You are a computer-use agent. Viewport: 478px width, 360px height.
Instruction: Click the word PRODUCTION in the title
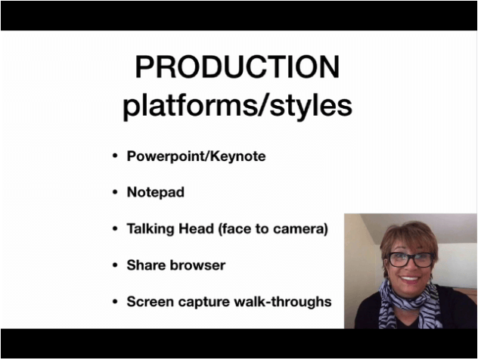[x=237, y=67]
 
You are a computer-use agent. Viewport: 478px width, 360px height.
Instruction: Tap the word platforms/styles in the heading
[x=237, y=106]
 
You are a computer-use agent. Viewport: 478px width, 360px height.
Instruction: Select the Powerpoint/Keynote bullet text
[x=196, y=157]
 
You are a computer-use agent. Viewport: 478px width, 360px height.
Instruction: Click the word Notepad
[x=156, y=192]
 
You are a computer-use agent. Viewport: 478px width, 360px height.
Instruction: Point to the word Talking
[x=151, y=229]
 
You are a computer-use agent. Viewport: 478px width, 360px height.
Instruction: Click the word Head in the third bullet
[x=196, y=228]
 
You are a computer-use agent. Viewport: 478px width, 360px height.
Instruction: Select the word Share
[x=146, y=265]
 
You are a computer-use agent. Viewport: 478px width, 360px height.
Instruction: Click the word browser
[x=197, y=265]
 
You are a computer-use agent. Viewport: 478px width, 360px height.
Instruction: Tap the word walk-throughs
[x=283, y=302]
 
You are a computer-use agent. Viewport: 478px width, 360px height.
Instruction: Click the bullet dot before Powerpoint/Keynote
[x=115, y=156]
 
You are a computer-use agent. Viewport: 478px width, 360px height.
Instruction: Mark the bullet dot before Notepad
[x=115, y=192]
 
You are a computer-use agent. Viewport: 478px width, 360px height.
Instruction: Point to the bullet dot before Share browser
[x=115, y=265]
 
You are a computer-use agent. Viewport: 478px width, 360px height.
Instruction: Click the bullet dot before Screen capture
[x=115, y=302]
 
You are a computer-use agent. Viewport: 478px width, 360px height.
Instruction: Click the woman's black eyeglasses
[x=410, y=259]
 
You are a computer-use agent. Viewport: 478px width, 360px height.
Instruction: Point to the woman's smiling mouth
[x=410, y=278]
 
